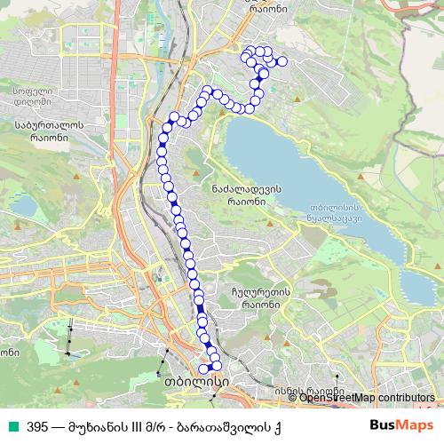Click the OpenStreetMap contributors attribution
[367, 398]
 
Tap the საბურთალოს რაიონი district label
[49, 131]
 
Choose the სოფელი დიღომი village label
[33, 94]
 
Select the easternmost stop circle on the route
[283, 61]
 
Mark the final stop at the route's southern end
[202, 369]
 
